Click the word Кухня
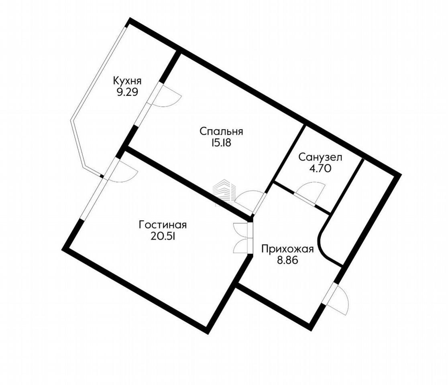coord(127,81)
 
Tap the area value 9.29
coord(127,92)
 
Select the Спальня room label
coord(221,132)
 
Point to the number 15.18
coord(221,143)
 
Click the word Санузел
coord(320,157)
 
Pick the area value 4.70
coord(320,169)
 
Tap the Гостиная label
coord(163,225)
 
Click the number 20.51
coord(163,236)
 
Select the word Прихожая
coord(287,249)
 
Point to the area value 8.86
coord(287,260)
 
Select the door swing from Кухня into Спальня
coord(167,97)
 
